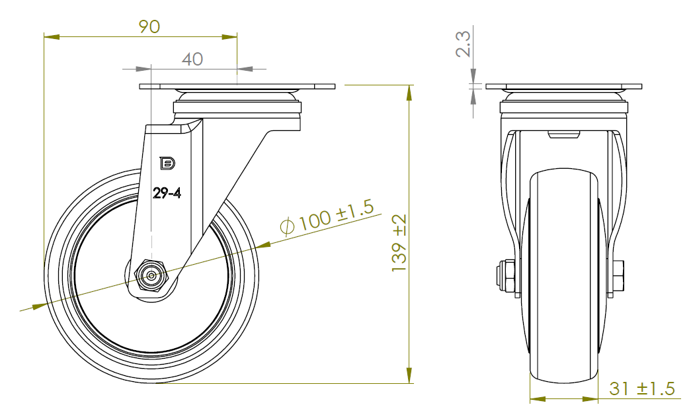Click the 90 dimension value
click(149, 26)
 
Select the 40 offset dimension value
click(192, 60)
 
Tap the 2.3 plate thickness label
click(463, 44)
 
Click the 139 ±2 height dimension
click(399, 243)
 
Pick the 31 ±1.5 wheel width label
click(641, 389)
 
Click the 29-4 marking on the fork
click(167, 193)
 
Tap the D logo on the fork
click(167, 163)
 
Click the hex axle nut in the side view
click(151, 275)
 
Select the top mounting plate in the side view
click(237, 87)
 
